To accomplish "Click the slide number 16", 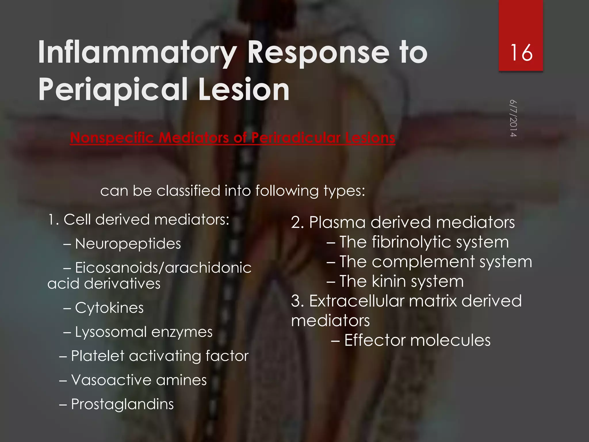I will [521, 53].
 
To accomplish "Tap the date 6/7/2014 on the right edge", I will [513, 118].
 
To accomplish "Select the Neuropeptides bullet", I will [128, 244].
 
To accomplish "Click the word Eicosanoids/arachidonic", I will [163, 268].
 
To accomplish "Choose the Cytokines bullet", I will [109, 308].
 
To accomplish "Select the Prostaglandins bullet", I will [122, 404].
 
